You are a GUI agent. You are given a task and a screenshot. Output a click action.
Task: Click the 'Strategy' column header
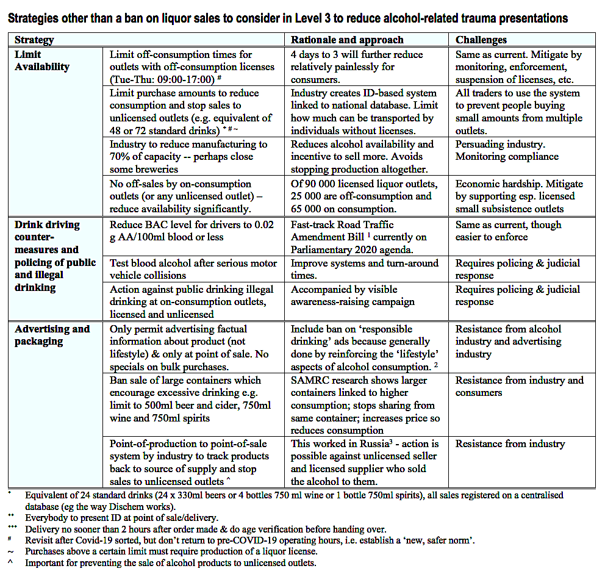(34, 40)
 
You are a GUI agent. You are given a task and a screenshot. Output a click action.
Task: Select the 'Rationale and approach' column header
(347, 40)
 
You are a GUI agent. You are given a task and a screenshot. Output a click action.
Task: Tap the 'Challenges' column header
(481, 40)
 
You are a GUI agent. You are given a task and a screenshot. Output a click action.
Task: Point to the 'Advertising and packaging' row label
(52, 335)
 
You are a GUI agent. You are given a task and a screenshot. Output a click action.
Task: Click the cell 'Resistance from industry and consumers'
(519, 387)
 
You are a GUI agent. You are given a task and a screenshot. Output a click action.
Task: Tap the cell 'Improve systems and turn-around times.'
(364, 269)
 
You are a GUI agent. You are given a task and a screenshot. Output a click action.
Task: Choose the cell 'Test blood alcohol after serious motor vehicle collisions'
(190, 269)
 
